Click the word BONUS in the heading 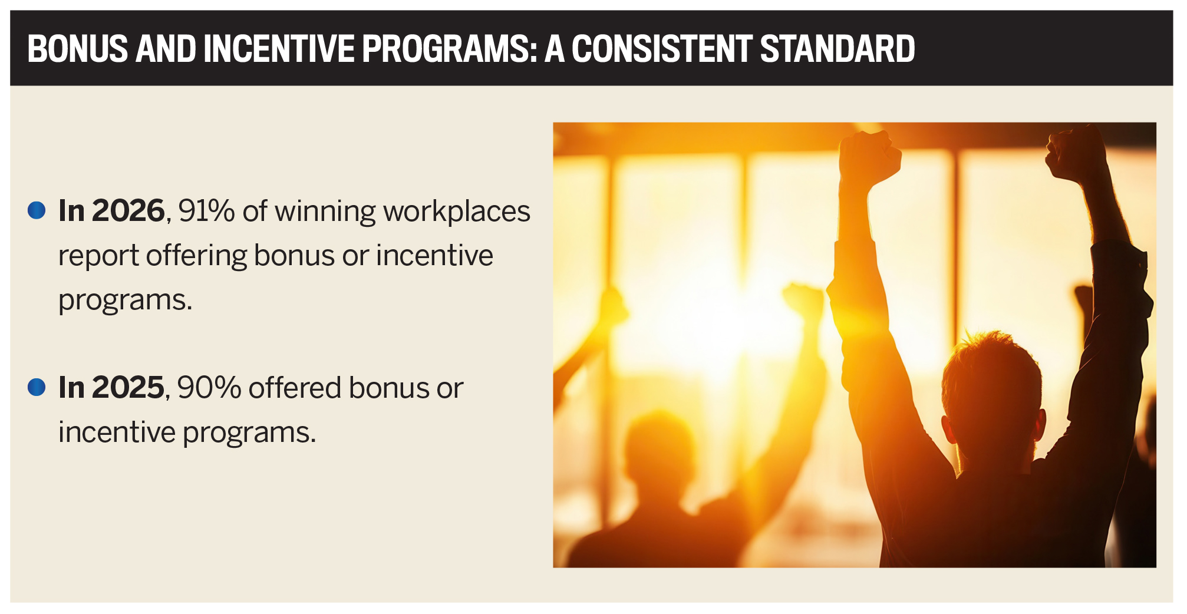point(77,48)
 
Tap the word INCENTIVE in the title point(278,48)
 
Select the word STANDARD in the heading point(838,48)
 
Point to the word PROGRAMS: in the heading point(450,48)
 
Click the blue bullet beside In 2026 point(37,210)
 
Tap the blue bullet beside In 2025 point(37,387)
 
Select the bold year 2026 point(128,210)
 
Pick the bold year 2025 point(128,387)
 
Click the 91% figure point(206,210)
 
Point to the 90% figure point(209,387)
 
